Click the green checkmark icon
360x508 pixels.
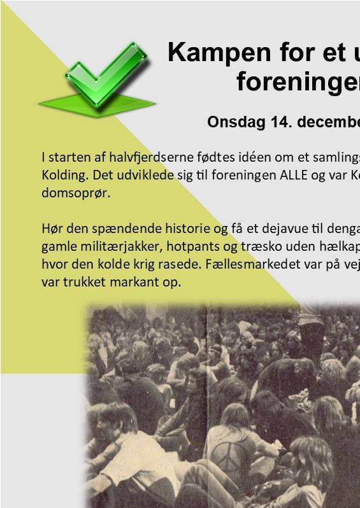[x=97, y=79]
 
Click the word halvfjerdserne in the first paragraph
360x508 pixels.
[x=151, y=157]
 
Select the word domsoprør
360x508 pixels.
[x=76, y=193]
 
